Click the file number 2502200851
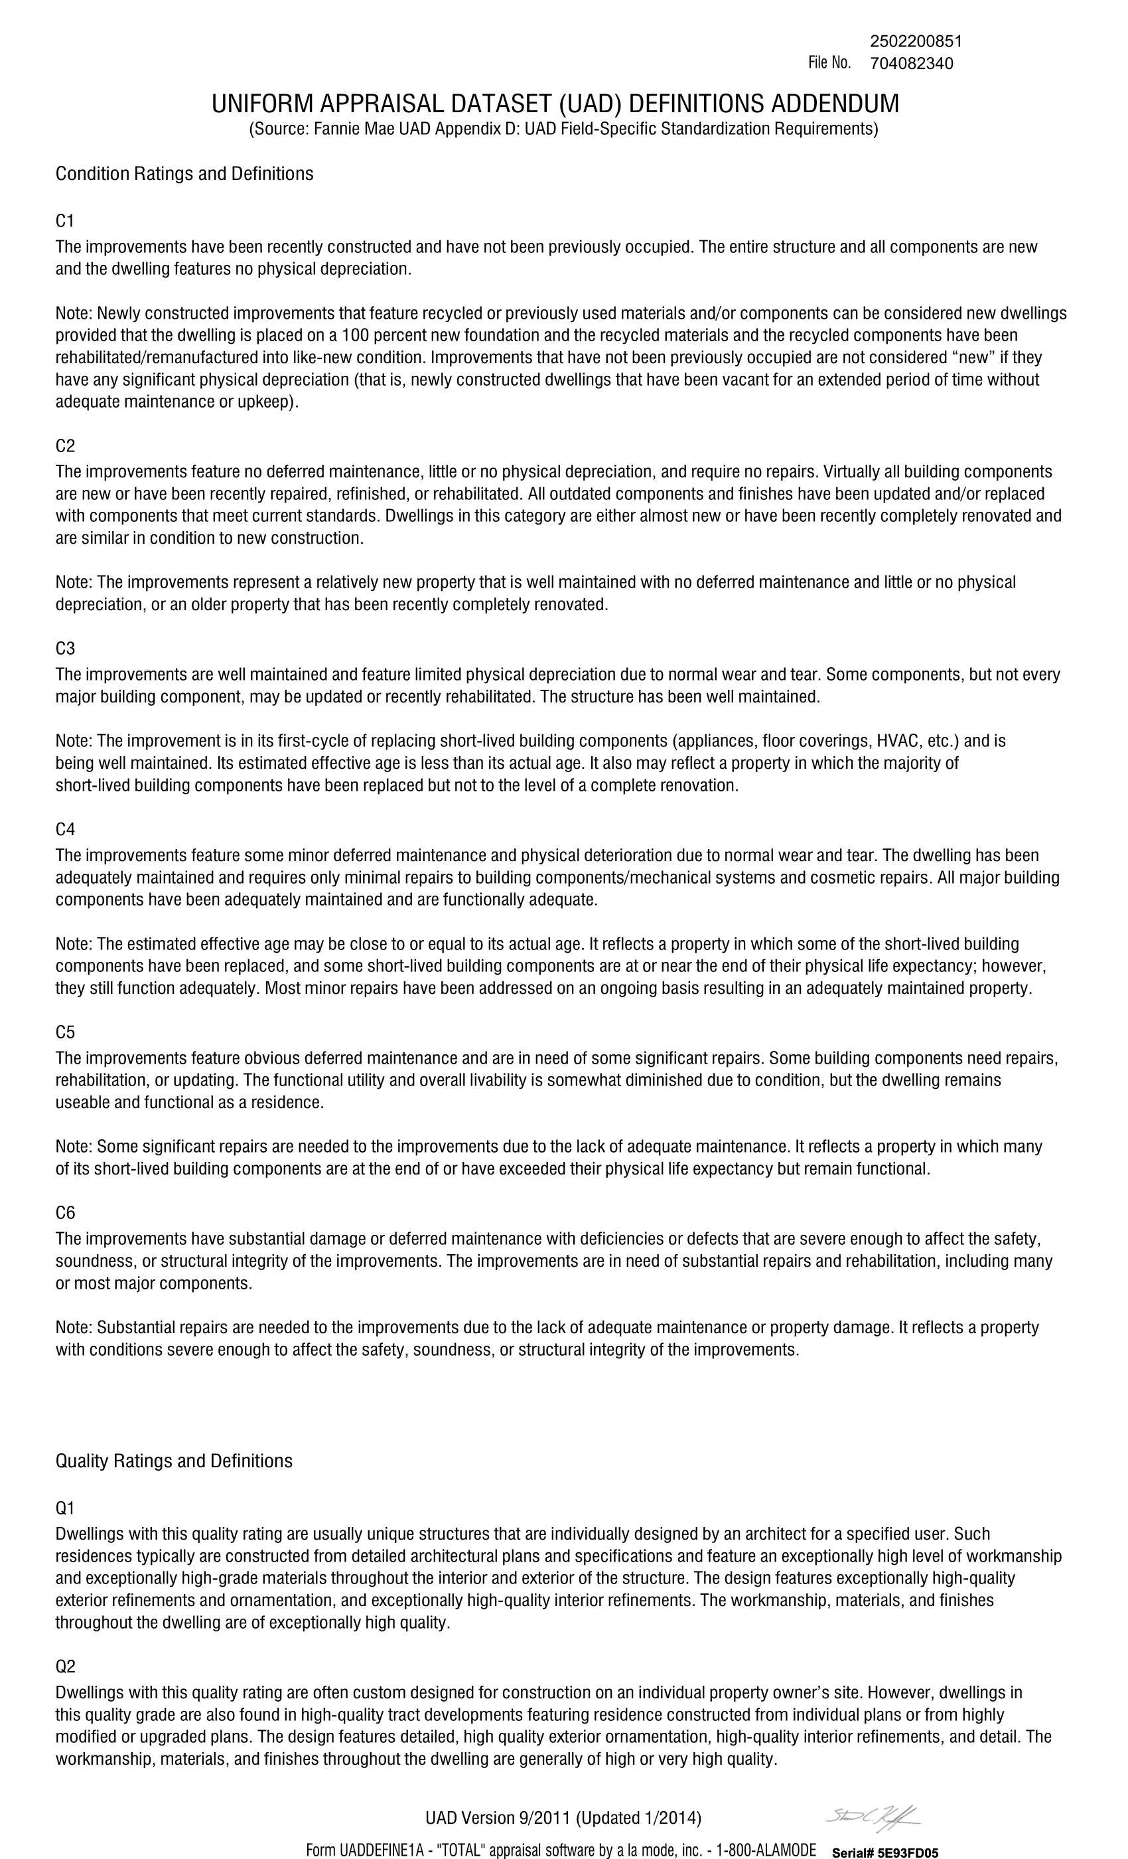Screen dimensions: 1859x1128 click(x=916, y=40)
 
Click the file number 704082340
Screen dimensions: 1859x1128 click(x=911, y=63)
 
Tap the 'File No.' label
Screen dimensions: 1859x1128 click(x=829, y=62)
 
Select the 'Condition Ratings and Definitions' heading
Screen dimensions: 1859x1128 click(x=184, y=173)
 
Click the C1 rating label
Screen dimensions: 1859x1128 click(x=65, y=221)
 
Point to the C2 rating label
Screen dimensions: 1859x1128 click(x=65, y=446)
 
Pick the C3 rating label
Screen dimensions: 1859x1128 click(x=65, y=649)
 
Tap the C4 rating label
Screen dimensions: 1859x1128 click(x=65, y=829)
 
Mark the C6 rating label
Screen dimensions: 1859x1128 click(x=65, y=1212)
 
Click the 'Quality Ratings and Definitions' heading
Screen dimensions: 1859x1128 click(x=173, y=1461)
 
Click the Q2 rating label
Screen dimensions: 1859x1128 click(x=65, y=1666)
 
